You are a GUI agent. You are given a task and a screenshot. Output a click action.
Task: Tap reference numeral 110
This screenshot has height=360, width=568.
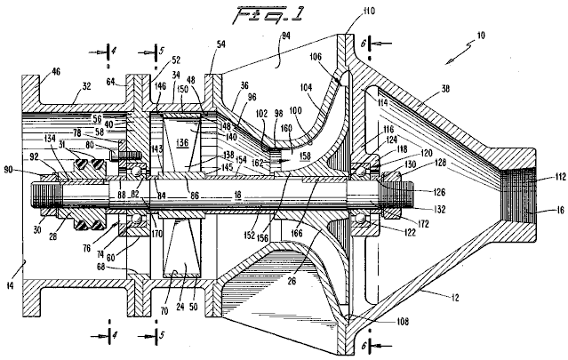(370, 12)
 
